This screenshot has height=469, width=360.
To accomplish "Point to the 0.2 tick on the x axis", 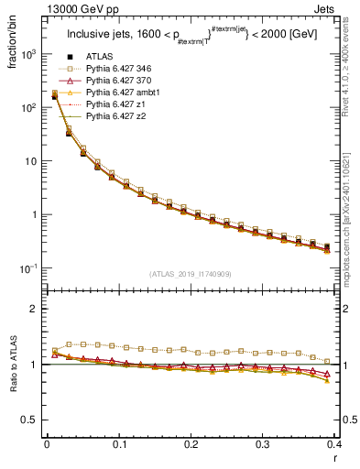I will (x=191, y=445).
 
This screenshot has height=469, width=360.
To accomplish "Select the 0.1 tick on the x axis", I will (x=118, y=445).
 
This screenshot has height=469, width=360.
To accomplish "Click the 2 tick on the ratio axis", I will (x=35, y=309).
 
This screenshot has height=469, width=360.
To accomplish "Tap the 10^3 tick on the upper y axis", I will (x=29, y=54).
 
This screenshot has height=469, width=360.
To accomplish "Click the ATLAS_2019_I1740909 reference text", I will (x=191, y=274).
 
